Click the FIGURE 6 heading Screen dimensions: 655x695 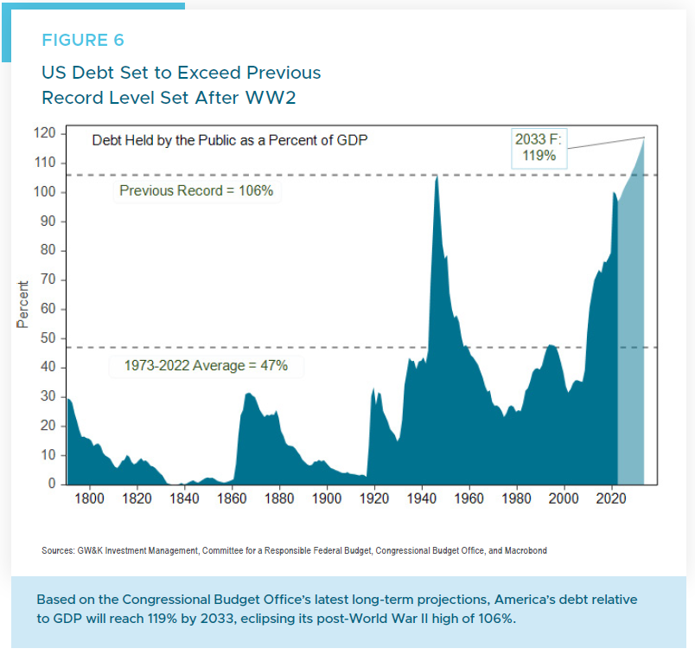pos(83,41)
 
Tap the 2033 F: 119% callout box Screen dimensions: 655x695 pos(539,148)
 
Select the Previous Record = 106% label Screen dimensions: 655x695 pos(195,190)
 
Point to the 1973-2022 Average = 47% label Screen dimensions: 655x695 pos(205,366)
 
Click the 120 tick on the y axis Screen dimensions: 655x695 pos(45,133)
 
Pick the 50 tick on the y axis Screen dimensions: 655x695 pos(48,338)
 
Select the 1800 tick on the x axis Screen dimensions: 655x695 pos(90,499)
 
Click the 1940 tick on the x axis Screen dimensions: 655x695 pos(422,499)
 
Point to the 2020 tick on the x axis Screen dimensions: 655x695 pos(611,499)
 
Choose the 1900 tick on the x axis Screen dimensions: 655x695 pos(327,499)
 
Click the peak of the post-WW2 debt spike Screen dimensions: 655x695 pos(437,177)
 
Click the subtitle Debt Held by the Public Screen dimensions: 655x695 pos(230,139)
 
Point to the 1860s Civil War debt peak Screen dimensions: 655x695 pos(249,395)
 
